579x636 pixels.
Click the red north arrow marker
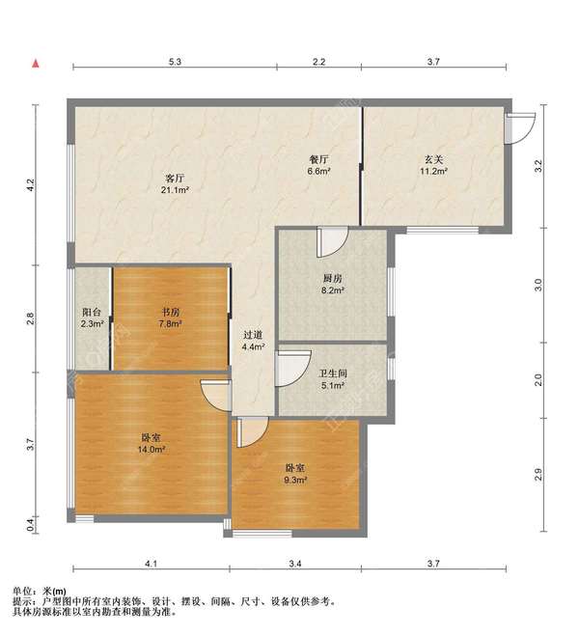coord(36,64)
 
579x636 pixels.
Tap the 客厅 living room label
coord(176,179)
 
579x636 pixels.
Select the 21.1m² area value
coord(176,190)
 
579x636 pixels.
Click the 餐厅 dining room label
coord(318,159)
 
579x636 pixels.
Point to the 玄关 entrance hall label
coord(433,159)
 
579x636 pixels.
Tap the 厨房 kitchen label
coord(333,279)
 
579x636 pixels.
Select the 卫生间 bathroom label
coord(333,373)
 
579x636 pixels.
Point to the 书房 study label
coord(171,312)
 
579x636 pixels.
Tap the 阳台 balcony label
coord(92,312)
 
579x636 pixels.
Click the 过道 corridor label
coord(253,335)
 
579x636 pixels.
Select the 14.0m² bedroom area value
coord(151,450)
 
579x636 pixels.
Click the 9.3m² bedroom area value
coord(294,480)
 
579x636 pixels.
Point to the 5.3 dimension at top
coord(175,62)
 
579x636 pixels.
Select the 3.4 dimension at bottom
coord(295,564)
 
